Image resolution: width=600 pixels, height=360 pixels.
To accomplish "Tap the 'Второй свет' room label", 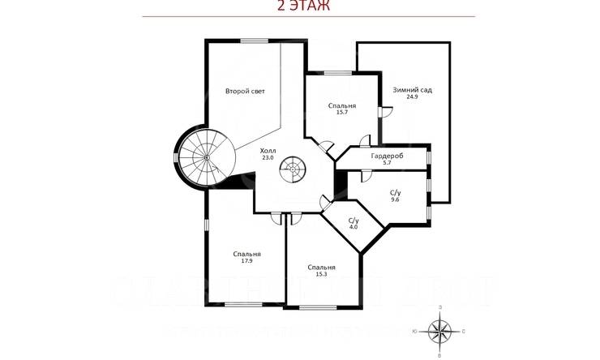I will [245, 91].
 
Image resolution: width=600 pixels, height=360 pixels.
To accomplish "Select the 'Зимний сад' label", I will [412, 89].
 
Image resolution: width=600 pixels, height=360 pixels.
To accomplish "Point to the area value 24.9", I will [412, 96].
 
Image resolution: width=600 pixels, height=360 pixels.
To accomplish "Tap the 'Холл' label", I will [268, 151].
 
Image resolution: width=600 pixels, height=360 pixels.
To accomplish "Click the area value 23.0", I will [268, 158].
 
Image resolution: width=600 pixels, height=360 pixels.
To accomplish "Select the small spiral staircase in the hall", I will [294, 172].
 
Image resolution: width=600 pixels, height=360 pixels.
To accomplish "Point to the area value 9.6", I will [396, 199].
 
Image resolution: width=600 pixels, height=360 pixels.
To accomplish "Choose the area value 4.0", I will [354, 226].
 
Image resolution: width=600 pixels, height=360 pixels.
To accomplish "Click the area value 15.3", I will [321, 274].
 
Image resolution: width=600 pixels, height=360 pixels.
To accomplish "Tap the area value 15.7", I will [341, 113].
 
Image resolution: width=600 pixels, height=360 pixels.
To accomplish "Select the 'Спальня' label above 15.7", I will [342, 105].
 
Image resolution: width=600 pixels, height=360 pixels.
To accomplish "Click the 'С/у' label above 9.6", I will [396, 191].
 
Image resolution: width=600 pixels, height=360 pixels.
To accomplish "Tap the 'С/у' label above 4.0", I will [354, 220].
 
